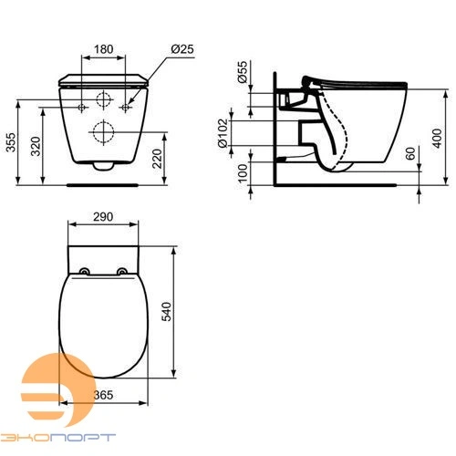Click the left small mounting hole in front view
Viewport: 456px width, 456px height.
[x=85, y=106]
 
